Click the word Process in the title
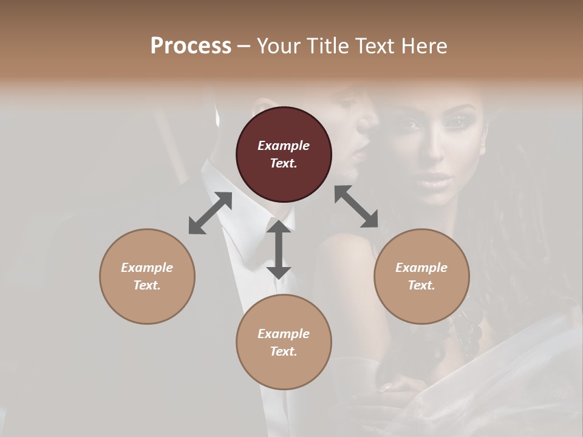pyautogui.click(x=191, y=46)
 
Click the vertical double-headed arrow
pyautogui.click(x=279, y=249)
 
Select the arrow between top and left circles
pyautogui.click(x=210, y=213)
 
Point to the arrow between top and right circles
pyautogui.click(x=356, y=206)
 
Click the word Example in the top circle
pyautogui.click(x=284, y=146)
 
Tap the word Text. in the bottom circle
pyautogui.click(x=284, y=351)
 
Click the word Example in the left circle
pyautogui.click(x=147, y=268)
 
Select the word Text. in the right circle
pyautogui.click(x=421, y=285)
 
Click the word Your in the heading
pyautogui.click(x=276, y=46)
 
